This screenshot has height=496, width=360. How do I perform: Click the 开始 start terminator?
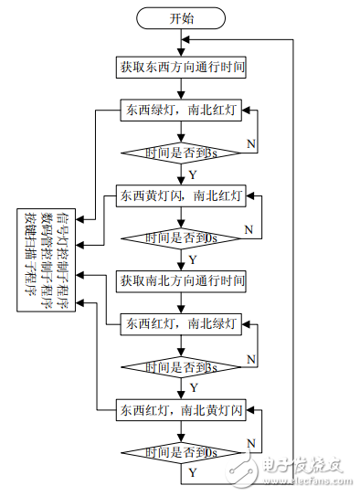click(181, 17)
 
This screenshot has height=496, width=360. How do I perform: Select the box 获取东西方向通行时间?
click(181, 67)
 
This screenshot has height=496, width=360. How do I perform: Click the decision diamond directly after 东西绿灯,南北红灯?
click(181, 153)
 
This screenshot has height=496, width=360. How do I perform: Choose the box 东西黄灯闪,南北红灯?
click(181, 195)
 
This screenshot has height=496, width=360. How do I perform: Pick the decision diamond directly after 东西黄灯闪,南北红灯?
click(181, 237)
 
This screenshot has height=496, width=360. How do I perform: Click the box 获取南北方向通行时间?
click(181, 281)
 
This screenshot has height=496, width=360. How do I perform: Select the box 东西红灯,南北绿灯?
click(181, 323)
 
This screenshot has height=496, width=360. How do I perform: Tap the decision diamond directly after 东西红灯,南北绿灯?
click(181, 366)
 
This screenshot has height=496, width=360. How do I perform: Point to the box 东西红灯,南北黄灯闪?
click(181, 409)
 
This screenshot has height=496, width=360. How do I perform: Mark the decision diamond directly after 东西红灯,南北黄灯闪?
click(181, 452)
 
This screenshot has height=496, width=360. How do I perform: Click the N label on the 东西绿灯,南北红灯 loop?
click(250, 143)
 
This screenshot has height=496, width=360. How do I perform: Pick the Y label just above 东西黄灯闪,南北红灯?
click(192, 174)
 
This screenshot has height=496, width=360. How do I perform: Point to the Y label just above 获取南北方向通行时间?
click(192, 259)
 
